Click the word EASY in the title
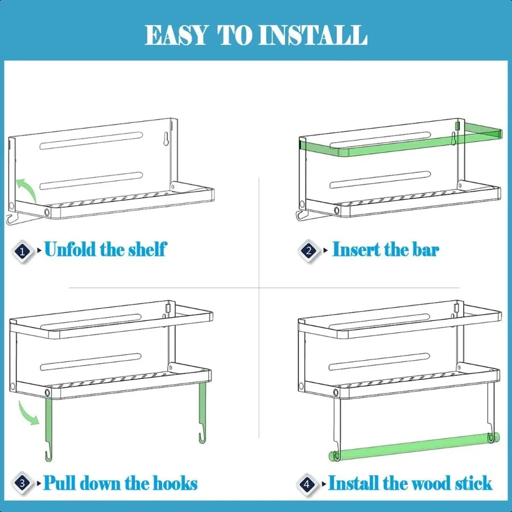(x=176, y=35)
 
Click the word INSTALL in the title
(x=312, y=35)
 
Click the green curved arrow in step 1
(x=25, y=188)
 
